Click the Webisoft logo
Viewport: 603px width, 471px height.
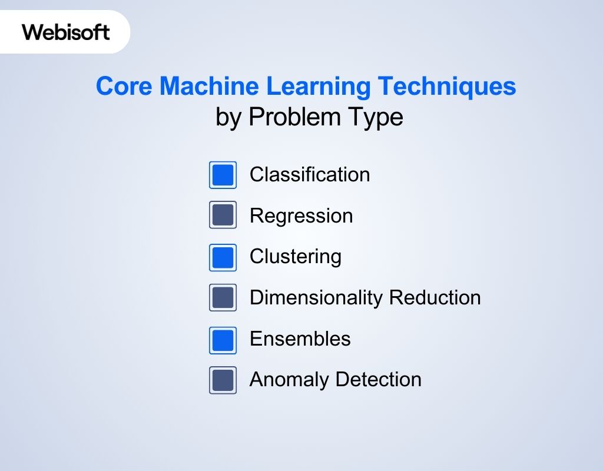pos(66,32)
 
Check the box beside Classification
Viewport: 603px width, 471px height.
pos(223,175)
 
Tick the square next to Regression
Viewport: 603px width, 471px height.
pos(223,215)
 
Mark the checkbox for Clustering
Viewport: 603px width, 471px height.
pos(223,257)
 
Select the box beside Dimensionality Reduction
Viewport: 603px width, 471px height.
pos(223,297)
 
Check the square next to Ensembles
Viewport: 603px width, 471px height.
pos(223,340)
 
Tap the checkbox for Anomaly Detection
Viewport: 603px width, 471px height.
pos(223,380)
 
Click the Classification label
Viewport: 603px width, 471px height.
pos(310,174)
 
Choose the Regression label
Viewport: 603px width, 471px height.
pos(301,216)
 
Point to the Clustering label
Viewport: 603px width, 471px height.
pos(296,257)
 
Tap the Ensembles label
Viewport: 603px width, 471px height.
pos(300,339)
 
